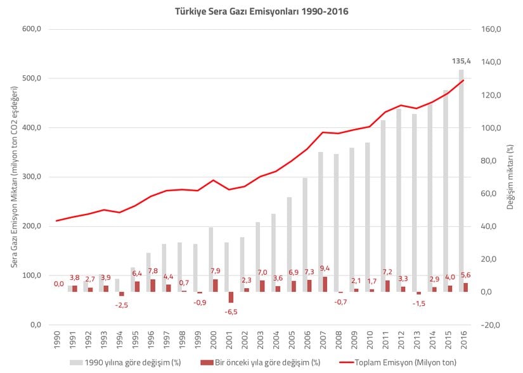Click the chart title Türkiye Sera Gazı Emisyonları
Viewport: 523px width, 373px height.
click(x=261, y=11)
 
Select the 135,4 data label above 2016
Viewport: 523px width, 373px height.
click(x=460, y=61)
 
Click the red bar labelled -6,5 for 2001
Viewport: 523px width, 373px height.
click(x=231, y=297)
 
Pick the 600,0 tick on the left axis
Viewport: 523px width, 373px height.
click(x=32, y=29)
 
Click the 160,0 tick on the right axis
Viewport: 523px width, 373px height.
click(x=492, y=29)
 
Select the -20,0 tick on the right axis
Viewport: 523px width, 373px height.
click(x=492, y=325)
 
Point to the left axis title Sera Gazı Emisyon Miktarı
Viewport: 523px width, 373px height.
click(x=14, y=177)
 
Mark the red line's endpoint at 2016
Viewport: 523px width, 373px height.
click(x=463, y=80)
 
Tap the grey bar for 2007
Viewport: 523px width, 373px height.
click(x=321, y=215)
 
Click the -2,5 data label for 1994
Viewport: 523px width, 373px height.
click(x=120, y=305)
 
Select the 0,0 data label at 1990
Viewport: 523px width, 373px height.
click(x=58, y=284)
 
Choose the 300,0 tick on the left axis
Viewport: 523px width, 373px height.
click(x=32, y=177)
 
